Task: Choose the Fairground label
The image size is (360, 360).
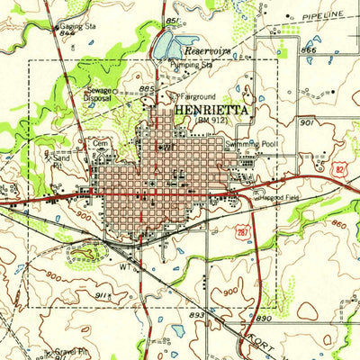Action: tap(200, 94)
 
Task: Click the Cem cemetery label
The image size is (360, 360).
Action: tap(100, 142)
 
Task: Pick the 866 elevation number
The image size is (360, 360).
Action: tap(309, 51)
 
